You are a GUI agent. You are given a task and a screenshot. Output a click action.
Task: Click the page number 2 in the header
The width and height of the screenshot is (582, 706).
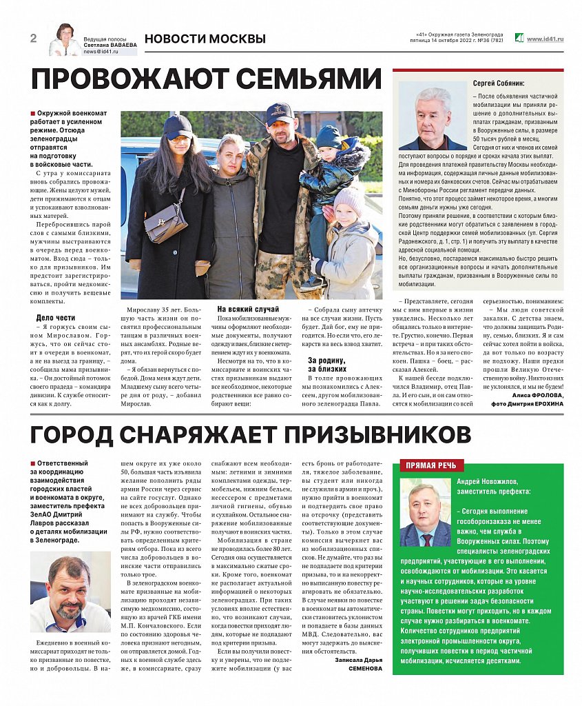point(33,38)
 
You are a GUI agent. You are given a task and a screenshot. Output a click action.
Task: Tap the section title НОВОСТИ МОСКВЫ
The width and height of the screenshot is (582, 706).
point(205,39)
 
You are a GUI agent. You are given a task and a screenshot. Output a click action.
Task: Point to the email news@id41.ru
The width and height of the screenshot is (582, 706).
point(101,52)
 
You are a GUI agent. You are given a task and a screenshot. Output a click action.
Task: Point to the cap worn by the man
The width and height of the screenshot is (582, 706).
point(279,111)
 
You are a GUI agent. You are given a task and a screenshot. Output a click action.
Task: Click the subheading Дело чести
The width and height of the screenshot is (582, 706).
point(55,318)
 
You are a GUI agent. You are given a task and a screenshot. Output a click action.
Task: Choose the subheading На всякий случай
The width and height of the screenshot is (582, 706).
point(248,309)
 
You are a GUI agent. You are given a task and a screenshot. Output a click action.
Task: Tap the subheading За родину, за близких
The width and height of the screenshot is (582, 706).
point(327,365)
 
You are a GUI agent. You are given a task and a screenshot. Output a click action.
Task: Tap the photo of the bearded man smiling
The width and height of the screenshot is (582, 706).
point(70,592)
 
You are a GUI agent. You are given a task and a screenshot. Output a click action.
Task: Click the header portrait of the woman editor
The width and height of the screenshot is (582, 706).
point(64,40)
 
